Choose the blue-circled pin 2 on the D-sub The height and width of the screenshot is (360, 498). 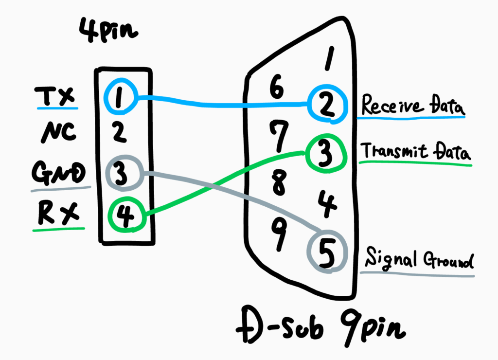pyautogui.click(x=327, y=103)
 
